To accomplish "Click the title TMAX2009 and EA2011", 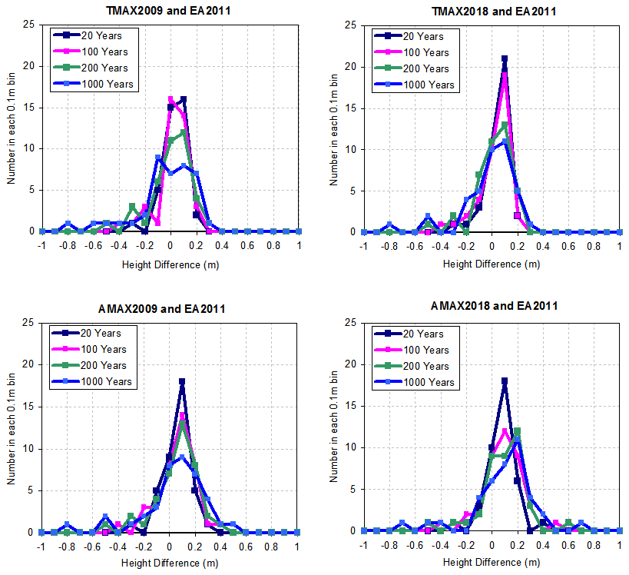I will (170, 11).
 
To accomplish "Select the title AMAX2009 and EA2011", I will (170, 309).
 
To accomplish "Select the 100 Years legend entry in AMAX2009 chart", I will (101, 349).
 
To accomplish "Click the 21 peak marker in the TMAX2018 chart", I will (505, 58).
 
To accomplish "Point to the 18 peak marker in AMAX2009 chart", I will (182, 381).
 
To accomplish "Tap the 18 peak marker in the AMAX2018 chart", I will (505, 381).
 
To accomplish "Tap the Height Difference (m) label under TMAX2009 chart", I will (170, 264).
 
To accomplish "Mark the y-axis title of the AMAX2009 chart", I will (12, 427).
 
